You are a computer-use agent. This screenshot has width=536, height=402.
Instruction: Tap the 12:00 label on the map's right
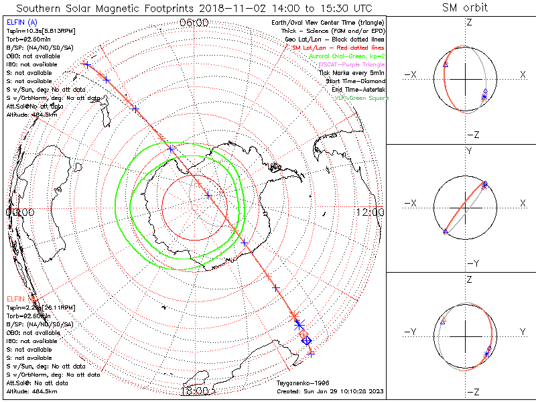(x=370, y=212)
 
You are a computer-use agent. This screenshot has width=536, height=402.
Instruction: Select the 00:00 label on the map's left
(x=19, y=212)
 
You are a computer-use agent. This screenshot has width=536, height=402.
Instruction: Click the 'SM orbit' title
(x=465, y=8)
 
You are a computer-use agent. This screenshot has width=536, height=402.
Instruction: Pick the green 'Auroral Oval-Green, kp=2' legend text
(x=346, y=56)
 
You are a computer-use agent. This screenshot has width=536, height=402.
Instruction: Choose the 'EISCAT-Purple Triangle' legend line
(x=348, y=64)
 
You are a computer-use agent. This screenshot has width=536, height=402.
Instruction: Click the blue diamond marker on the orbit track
(x=307, y=341)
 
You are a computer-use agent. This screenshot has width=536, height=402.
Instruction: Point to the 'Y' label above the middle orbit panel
(x=469, y=152)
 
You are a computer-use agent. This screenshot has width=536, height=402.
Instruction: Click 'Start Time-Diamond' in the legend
(x=354, y=81)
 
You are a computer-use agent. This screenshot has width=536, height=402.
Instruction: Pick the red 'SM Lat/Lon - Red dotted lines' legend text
(x=338, y=48)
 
